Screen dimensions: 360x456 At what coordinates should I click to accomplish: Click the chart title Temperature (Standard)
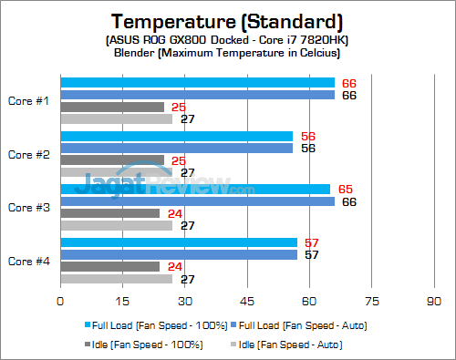click(x=228, y=20)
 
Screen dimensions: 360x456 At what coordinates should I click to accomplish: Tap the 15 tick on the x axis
click(x=122, y=299)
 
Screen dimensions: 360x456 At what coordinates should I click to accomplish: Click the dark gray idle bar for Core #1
click(x=112, y=107)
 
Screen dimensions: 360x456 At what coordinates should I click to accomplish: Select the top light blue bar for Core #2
click(x=176, y=136)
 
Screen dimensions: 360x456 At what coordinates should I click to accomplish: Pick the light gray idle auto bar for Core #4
click(x=116, y=279)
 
